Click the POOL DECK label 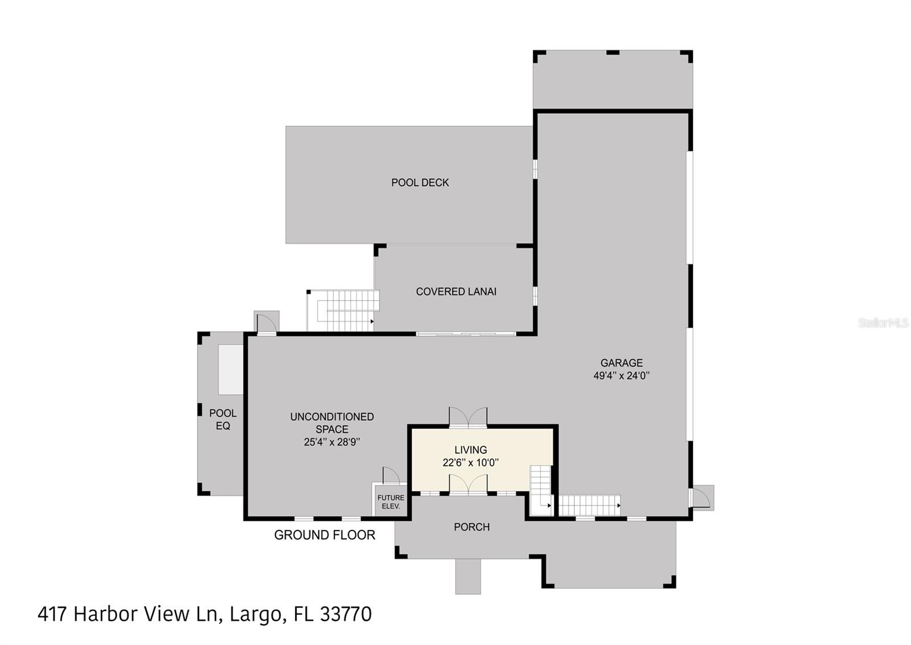click(x=420, y=183)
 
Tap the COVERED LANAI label click(x=455, y=291)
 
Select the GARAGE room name click(x=621, y=363)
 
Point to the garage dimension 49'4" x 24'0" click(x=621, y=376)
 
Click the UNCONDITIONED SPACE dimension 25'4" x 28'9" click(x=332, y=442)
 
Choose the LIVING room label click(x=470, y=450)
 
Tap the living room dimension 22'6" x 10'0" click(x=470, y=463)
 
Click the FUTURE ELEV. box click(x=391, y=502)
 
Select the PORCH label click(x=471, y=527)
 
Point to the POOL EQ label click(x=223, y=420)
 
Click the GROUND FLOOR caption click(x=325, y=535)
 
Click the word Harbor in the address click(x=106, y=614)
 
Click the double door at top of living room click(x=468, y=417)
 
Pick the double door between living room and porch click(x=468, y=485)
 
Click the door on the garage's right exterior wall click(x=700, y=498)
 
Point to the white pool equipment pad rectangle click(x=231, y=369)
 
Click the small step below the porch click(x=467, y=576)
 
